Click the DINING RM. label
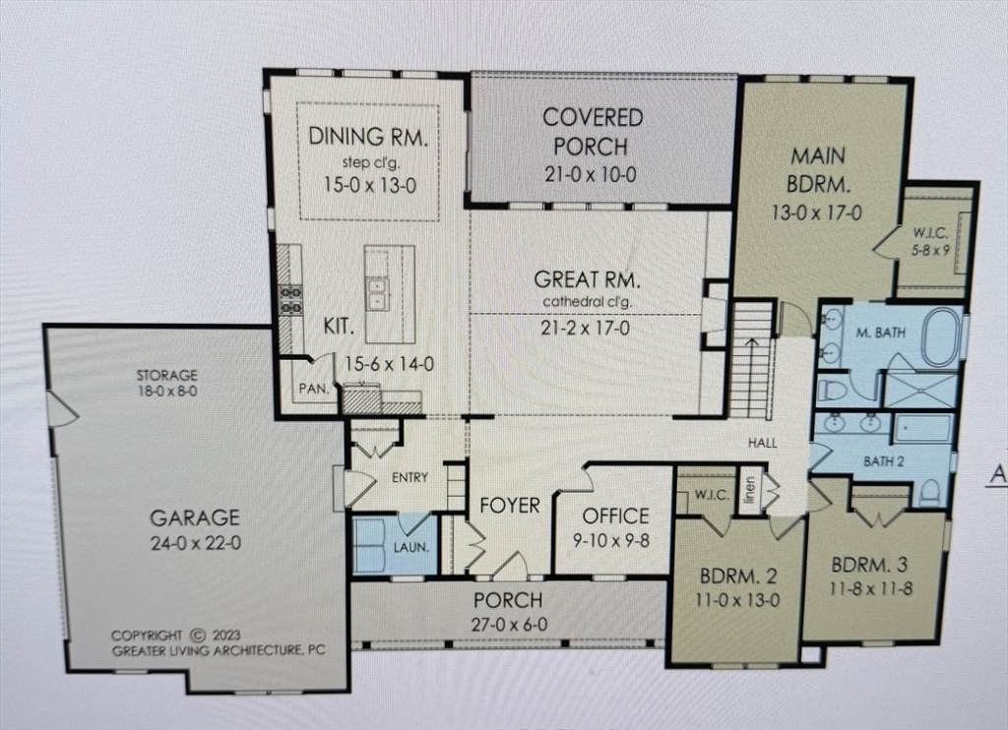[368, 137]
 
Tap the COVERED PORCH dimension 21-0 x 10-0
[591, 174]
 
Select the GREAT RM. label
[587, 280]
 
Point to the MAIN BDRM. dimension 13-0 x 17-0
[816, 213]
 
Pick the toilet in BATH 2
[929, 492]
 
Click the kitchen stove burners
[290, 300]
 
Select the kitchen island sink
[377, 292]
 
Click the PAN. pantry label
[314, 389]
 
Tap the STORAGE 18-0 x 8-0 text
[166, 383]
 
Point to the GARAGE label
[195, 517]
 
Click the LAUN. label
[411, 547]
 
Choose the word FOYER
[510, 506]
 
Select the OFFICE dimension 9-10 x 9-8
[611, 540]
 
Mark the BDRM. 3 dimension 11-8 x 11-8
[870, 588]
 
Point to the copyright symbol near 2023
[199, 636]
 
